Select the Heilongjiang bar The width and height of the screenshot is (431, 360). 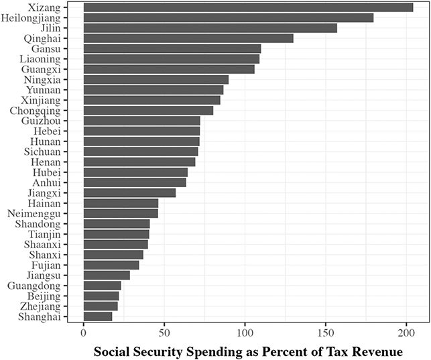coord(228,18)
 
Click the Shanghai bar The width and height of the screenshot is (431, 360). coord(98,316)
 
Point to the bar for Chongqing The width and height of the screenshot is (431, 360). coord(148,110)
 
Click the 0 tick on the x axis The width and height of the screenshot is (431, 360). coord(83,332)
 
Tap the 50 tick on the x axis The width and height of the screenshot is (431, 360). coord(164,332)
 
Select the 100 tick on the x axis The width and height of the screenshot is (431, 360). coord(245,332)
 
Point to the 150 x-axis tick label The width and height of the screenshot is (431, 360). coord(326,332)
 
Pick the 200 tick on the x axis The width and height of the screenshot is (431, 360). coord(406,332)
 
